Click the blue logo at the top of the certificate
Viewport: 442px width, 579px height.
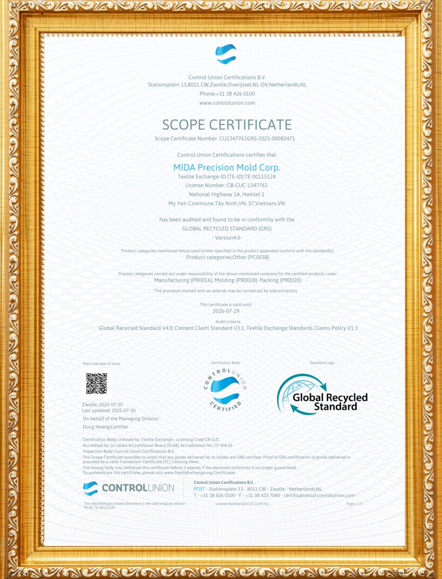click(x=226, y=54)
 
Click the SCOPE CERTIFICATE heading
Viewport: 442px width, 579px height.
click(x=227, y=124)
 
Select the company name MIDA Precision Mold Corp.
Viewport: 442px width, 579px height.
click(x=227, y=167)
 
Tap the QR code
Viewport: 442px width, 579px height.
click(x=97, y=384)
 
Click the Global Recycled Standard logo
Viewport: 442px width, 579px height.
click(x=322, y=395)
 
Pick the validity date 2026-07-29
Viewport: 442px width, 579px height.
click(x=226, y=311)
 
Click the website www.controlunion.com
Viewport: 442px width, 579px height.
click(x=227, y=103)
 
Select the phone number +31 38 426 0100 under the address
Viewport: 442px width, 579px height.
click(x=235, y=94)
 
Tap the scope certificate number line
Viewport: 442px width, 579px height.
click(x=225, y=138)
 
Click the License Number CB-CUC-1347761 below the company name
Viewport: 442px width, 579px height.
click(x=227, y=185)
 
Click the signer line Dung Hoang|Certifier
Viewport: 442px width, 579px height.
click(x=106, y=427)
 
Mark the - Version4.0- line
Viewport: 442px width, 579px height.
click(x=227, y=237)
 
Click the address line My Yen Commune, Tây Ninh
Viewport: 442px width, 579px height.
click(x=227, y=204)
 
